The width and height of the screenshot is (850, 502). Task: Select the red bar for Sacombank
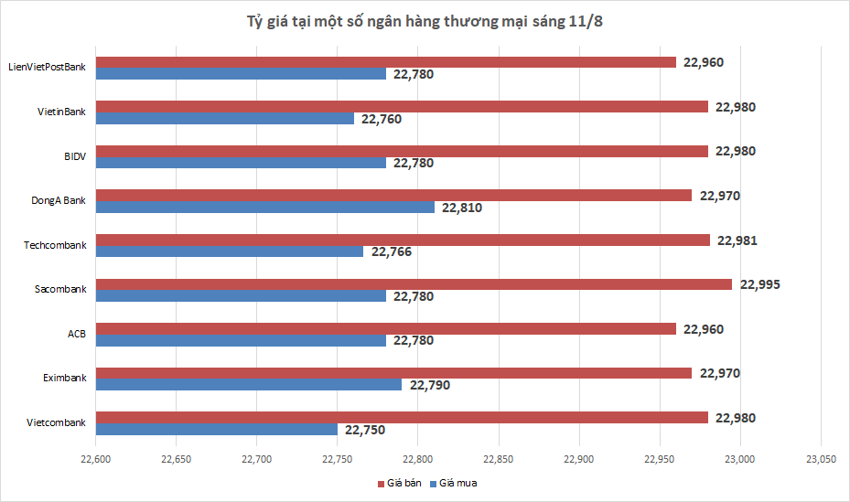[414, 284]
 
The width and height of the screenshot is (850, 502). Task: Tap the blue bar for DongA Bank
[265, 208]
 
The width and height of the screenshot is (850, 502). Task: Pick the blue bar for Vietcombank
[217, 430]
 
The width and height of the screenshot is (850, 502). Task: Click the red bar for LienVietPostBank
[386, 62]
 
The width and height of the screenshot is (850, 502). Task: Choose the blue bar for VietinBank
[225, 119]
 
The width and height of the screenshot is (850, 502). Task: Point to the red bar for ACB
[386, 328]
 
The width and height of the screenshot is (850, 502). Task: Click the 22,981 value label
[737, 240]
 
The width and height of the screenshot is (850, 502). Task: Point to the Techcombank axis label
[55, 245]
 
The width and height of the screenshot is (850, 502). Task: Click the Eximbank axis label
[64, 378]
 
